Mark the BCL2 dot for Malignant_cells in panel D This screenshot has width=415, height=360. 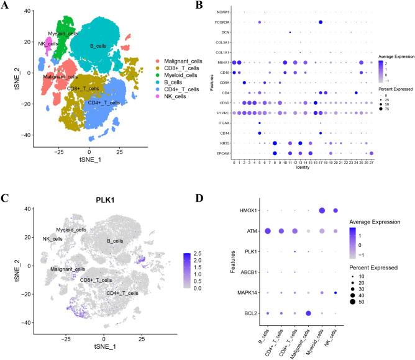point(309,312)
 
